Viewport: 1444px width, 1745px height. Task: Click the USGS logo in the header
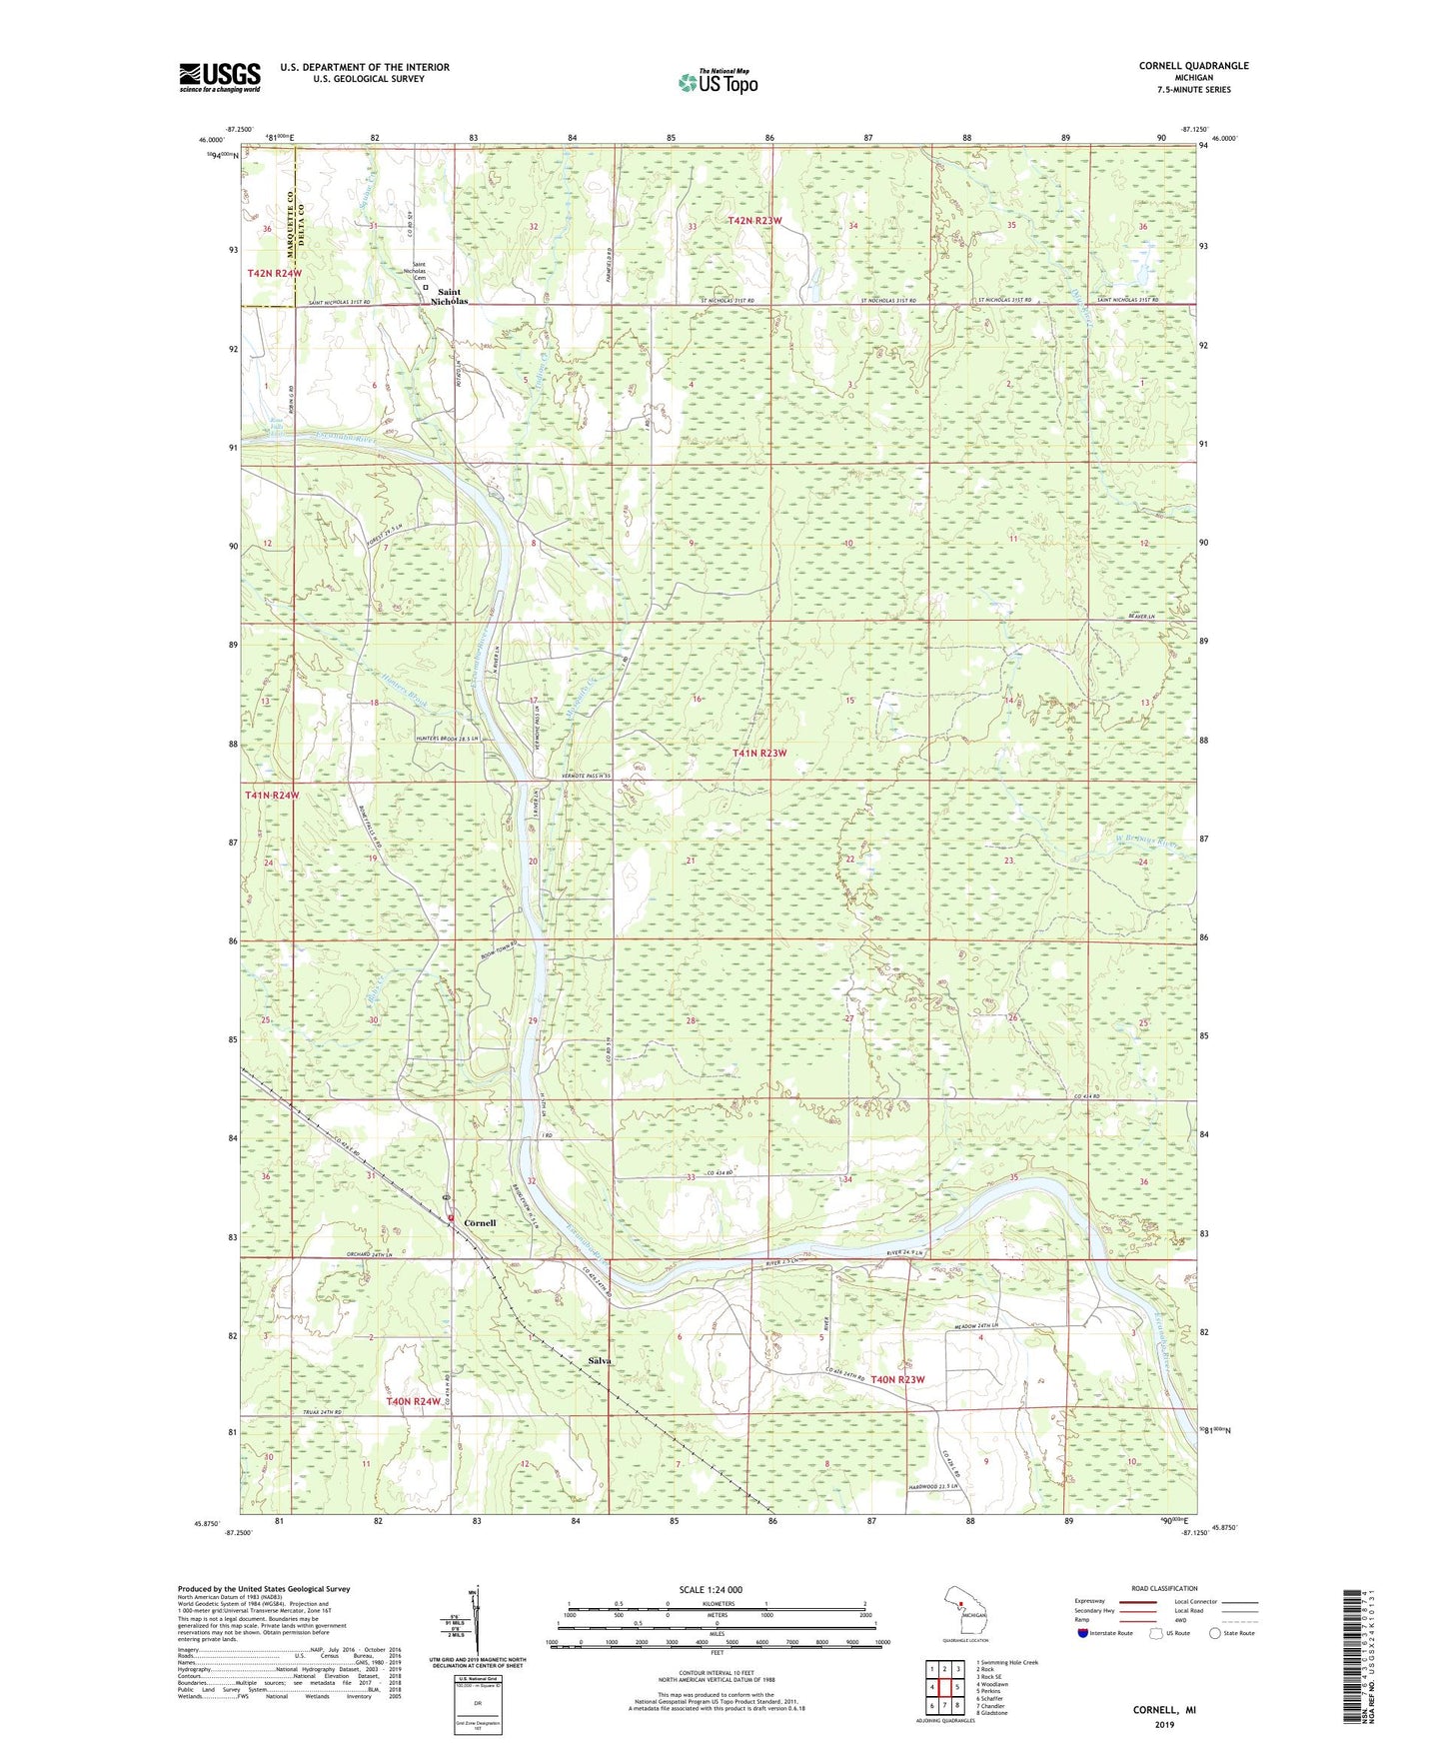[220, 77]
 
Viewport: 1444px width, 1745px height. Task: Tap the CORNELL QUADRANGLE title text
[1193, 66]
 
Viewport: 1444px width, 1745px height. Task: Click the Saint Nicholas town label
[449, 296]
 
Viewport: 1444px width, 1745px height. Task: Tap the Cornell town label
[480, 1222]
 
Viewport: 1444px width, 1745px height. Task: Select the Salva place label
[600, 1361]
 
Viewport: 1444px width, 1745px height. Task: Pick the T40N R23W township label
[897, 1379]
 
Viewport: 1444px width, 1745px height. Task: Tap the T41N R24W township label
[272, 795]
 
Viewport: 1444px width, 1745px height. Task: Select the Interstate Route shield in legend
[1084, 1633]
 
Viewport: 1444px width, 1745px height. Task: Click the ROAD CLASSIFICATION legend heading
[1164, 1588]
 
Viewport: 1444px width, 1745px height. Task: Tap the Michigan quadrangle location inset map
[965, 1611]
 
